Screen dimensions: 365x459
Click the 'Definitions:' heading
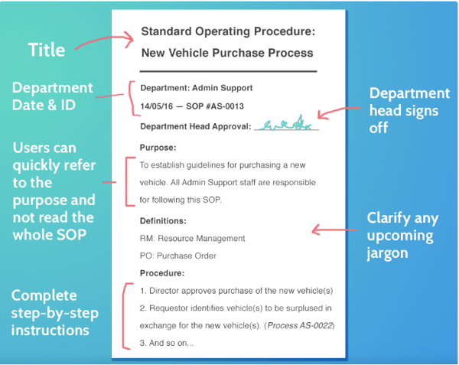click(165, 220)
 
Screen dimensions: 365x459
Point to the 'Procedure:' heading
click(163, 273)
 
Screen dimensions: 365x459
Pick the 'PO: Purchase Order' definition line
click(178, 256)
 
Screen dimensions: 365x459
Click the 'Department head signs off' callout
click(409, 110)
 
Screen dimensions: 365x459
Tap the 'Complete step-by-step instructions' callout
click(54, 313)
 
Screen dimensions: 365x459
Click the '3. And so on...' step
click(166, 343)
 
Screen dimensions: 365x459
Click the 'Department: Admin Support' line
click(196, 88)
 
